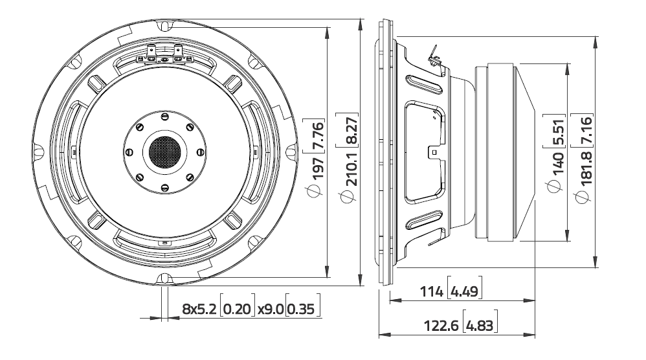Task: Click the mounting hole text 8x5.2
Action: (x=199, y=308)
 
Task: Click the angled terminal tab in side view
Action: (x=434, y=59)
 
